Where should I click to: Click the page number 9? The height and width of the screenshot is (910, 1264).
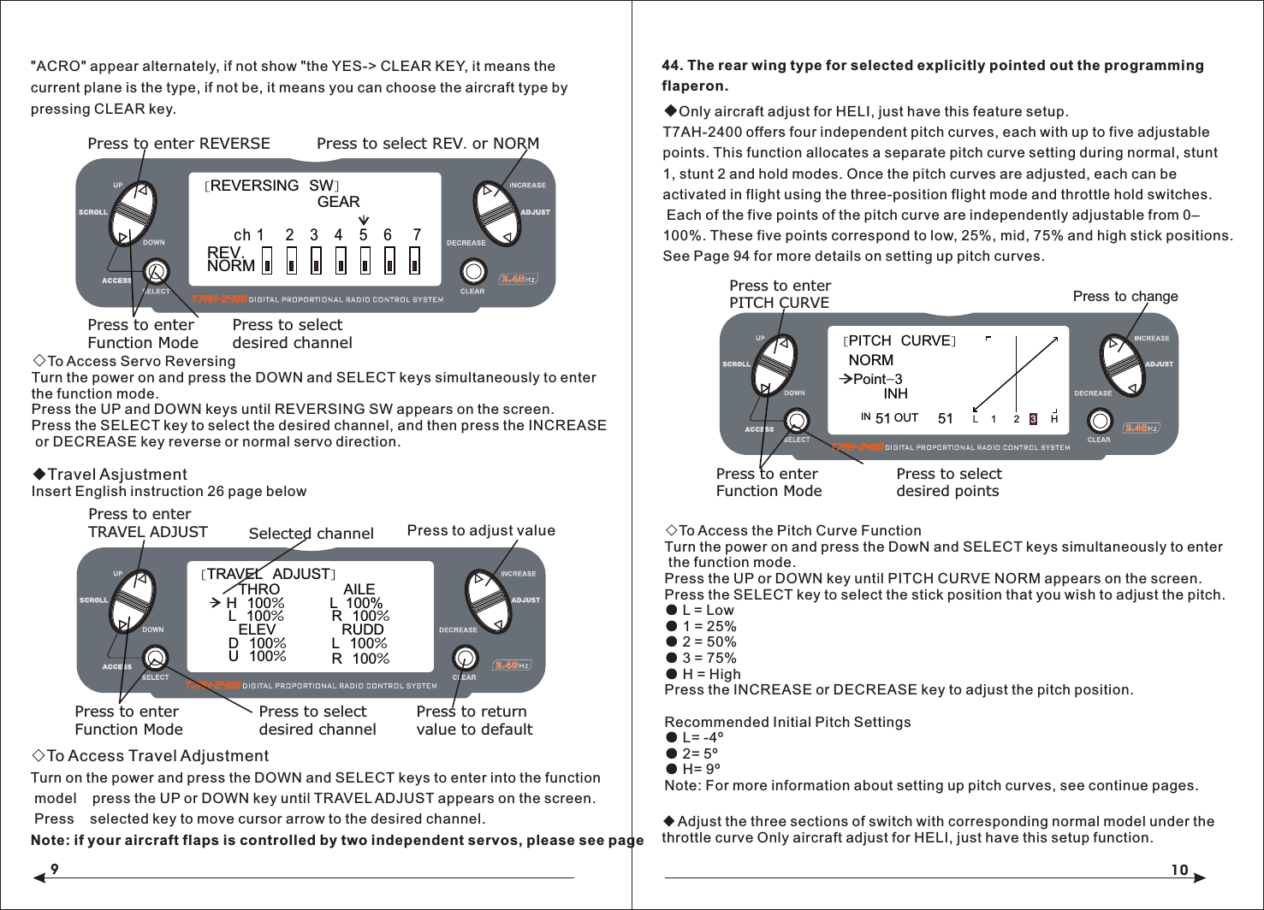point(54,869)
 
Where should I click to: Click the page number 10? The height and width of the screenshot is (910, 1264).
point(1179,870)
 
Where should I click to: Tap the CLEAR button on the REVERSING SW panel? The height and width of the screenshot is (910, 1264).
point(473,272)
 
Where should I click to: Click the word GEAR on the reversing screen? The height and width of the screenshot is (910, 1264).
point(338,202)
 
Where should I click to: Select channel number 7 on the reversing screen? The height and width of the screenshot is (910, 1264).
point(417,234)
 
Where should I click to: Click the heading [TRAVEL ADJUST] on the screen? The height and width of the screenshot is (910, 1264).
point(269,574)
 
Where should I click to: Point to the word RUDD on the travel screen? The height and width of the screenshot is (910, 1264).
point(362,629)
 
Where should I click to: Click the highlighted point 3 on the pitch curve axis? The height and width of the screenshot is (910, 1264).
point(1033,419)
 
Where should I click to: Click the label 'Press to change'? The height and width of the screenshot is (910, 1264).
point(1125,296)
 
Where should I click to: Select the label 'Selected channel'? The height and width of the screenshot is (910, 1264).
point(311,533)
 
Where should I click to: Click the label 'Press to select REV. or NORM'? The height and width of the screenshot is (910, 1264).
point(427,144)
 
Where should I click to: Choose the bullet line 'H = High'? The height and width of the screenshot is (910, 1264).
point(710,674)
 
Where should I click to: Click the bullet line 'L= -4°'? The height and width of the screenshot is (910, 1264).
point(702,737)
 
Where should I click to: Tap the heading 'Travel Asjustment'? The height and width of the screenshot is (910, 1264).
point(116,474)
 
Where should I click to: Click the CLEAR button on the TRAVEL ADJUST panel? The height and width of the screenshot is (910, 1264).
point(465,658)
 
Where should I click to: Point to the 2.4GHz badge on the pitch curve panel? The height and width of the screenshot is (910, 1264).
point(1141,428)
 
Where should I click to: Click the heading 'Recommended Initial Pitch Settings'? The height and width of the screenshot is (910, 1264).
point(786,722)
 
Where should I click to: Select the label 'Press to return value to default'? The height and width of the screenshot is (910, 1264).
point(474,720)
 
